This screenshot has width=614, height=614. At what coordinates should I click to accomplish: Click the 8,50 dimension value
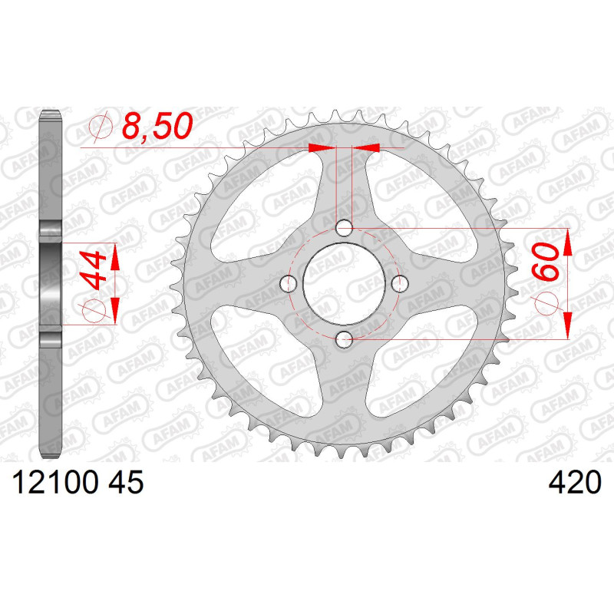tap(157, 126)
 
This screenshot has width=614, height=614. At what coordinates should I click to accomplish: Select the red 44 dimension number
tap(93, 270)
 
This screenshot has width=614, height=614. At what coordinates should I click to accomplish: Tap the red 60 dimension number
tap(546, 262)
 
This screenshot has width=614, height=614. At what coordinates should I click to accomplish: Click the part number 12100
tap(55, 482)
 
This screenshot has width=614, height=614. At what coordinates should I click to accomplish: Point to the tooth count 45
tap(126, 482)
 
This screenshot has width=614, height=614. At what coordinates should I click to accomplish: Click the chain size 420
tap(574, 482)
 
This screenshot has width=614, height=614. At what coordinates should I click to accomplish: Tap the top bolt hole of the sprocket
tap(344, 228)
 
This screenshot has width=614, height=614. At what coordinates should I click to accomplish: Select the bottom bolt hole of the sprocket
tap(344, 339)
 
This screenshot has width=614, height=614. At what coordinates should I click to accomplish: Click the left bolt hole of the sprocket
tap(289, 284)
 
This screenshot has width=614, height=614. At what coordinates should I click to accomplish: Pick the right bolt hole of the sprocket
tap(400, 284)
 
